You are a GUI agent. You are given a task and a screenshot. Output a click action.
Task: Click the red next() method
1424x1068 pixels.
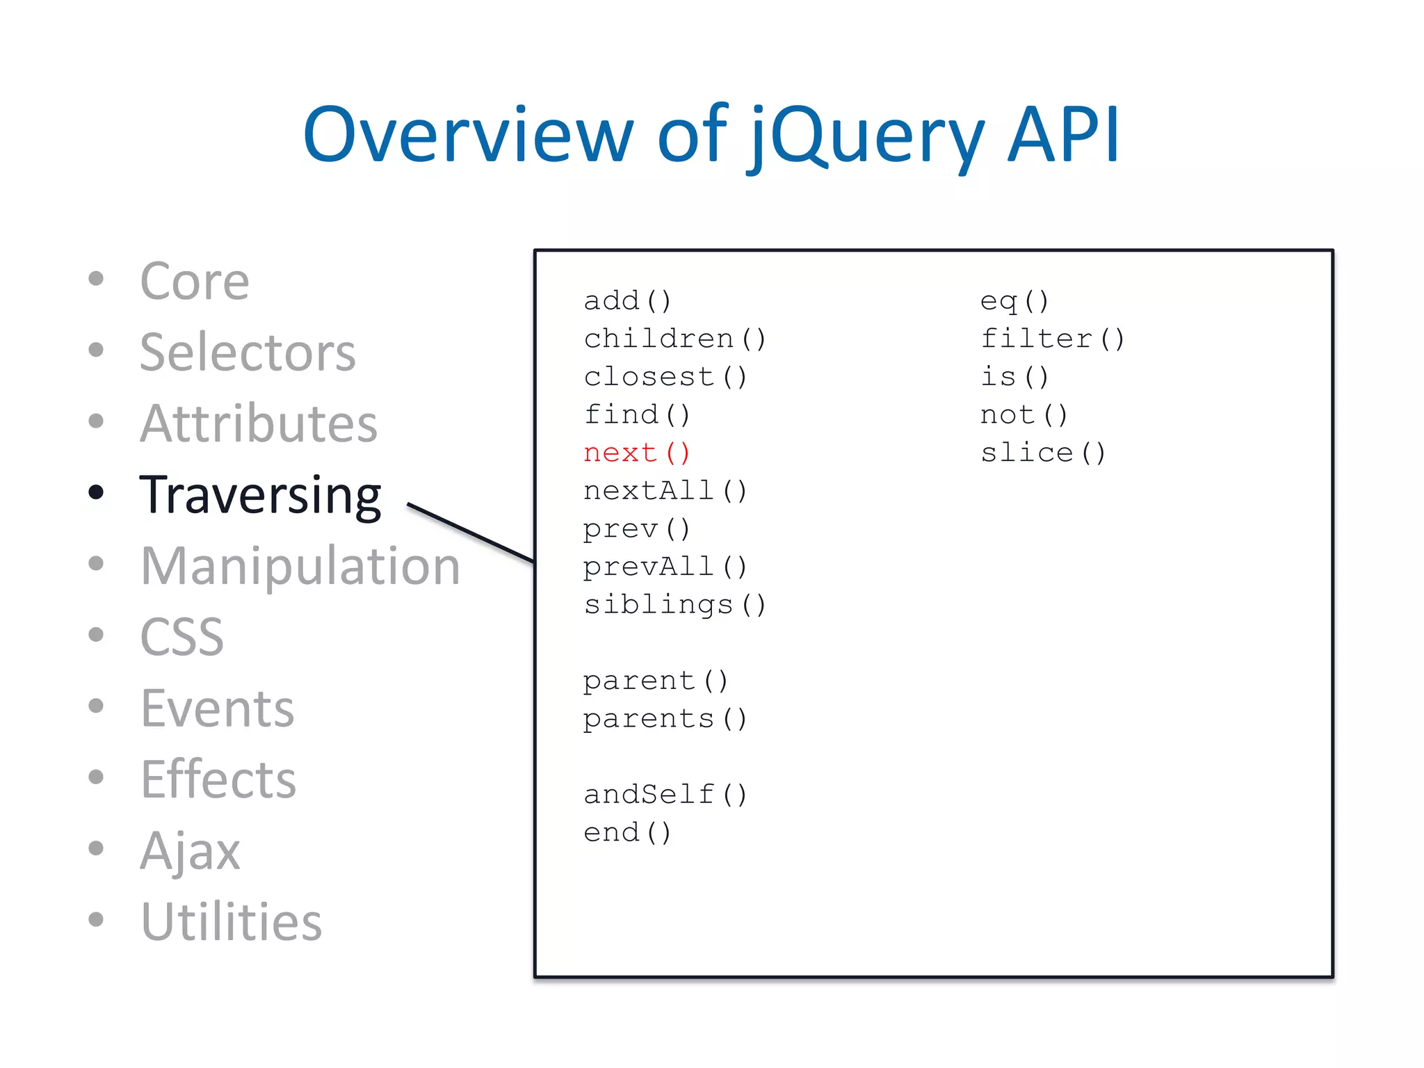click(636, 453)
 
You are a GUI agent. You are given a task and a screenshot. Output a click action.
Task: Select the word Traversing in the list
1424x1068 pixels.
click(260, 495)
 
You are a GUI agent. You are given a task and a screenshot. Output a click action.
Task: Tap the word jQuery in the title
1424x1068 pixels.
click(866, 136)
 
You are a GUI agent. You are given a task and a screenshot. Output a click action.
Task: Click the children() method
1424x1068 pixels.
click(674, 339)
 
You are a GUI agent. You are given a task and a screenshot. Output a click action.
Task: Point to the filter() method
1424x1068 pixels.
click(1052, 339)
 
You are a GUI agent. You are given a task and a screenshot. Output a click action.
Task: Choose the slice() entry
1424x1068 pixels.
click(1042, 453)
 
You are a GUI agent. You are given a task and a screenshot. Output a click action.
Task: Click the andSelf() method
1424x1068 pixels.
click(665, 794)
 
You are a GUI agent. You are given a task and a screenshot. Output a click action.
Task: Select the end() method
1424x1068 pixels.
click(627, 832)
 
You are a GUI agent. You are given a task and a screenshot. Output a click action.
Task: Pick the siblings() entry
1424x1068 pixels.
click(674, 604)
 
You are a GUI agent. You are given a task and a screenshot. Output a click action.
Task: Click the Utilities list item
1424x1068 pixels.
click(231, 921)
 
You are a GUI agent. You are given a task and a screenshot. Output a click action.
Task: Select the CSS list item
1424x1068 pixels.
click(181, 636)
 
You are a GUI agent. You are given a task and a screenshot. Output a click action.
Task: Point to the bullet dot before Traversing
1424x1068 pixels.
click(97, 492)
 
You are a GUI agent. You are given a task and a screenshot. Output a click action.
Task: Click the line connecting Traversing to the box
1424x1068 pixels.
click(471, 533)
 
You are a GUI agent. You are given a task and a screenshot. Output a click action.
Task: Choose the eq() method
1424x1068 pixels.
click(1014, 301)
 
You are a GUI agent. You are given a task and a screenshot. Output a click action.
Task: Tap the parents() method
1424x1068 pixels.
click(665, 718)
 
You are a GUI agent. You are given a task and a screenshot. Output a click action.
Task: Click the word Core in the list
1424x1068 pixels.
click(194, 281)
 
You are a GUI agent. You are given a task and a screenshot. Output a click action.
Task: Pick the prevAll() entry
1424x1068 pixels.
click(665, 567)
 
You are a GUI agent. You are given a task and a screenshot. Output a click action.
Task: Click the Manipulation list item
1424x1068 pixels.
click(300, 566)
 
